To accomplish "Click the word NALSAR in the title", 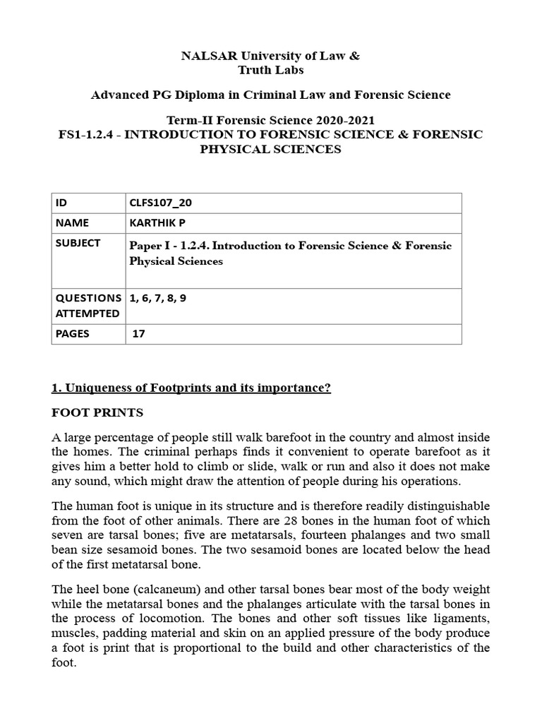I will tap(207, 56).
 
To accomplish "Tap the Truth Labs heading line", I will tap(271, 70).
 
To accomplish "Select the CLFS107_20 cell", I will tap(160, 203).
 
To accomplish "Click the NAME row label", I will tap(72, 222).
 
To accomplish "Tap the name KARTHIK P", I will tap(157, 222).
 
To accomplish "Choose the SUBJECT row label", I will tap(77, 243).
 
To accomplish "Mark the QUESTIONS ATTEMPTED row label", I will tap(87, 305).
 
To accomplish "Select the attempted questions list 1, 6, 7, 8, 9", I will tap(158, 298).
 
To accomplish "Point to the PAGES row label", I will tap(73, 333).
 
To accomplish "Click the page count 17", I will tap(139, 333).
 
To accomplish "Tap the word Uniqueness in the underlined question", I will tap(91, 388).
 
